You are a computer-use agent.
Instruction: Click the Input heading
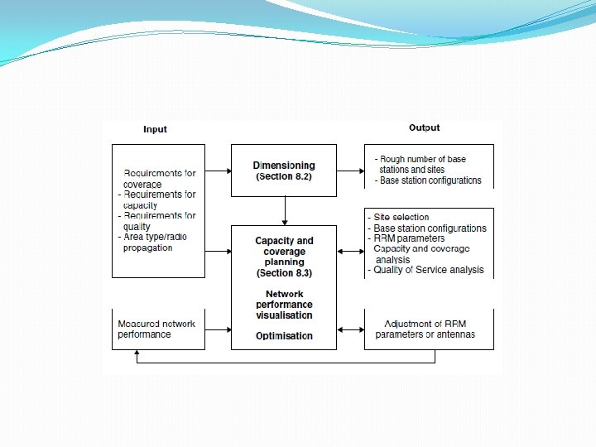(x=155, y=129)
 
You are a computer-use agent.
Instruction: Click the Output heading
(x=424, y=127)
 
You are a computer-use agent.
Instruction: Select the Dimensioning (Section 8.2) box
(x=283, y=171)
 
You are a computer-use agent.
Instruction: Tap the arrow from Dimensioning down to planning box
(x=284, y=210)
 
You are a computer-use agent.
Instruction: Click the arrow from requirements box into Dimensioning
(x=218, y=171)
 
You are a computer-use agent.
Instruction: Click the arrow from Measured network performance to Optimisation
(x=218, y=329)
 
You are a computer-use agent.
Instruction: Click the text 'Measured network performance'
(x=156, y=329)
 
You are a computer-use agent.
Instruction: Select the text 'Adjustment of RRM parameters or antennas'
(x=425, y=329)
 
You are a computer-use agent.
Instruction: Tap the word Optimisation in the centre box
(x=284, y=336)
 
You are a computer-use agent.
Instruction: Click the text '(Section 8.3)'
(x=284, y=273)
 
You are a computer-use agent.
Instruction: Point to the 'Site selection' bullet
(x=403, y=217)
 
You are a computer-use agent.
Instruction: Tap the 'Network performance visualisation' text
(x=284, y=305)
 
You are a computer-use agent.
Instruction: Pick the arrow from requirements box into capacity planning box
(x=218, y=251)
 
